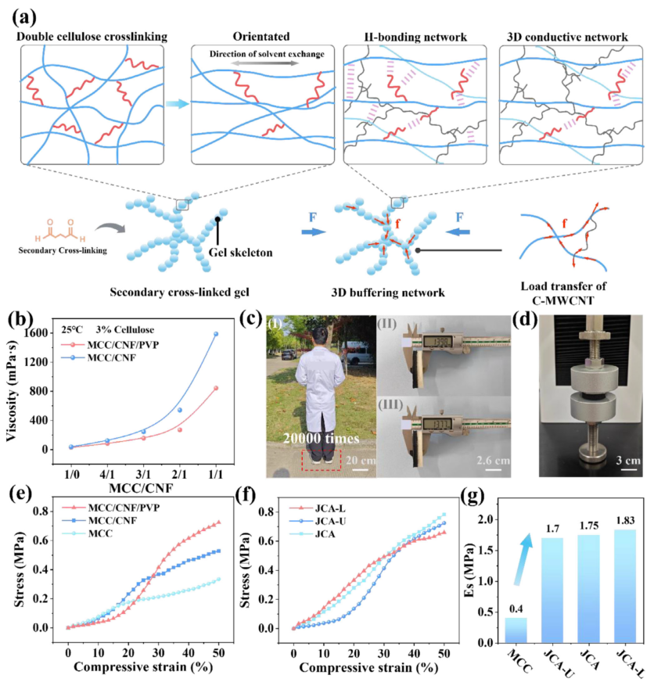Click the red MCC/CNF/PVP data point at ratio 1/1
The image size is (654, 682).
217,388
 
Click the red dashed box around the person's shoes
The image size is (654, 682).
318,458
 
